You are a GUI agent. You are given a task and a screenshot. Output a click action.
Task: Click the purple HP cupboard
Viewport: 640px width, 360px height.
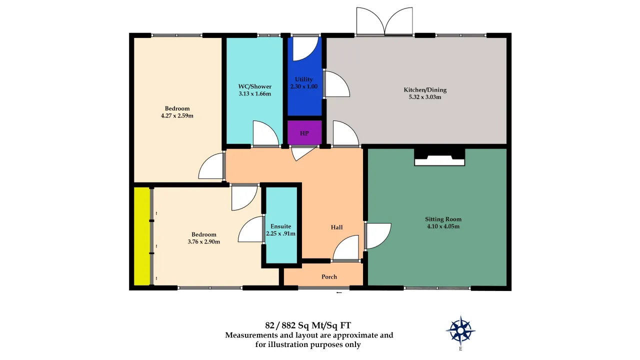coord(304,133)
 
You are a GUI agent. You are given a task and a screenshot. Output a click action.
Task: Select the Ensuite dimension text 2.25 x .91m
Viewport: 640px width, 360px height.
coord(280,233)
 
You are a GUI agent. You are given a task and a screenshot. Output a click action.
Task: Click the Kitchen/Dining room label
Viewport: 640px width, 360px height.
coord(425,89)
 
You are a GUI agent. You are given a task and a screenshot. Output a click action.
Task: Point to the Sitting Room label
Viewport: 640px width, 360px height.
coord(443,219)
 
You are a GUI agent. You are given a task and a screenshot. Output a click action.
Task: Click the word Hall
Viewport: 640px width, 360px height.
coord(336,227)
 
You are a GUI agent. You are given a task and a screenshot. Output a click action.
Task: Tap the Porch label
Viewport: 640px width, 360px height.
coord(329,277)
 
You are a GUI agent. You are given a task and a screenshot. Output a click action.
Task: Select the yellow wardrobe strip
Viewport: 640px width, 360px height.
coord(142,236)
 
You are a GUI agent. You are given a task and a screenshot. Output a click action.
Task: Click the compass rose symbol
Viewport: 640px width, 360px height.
coord(460,330)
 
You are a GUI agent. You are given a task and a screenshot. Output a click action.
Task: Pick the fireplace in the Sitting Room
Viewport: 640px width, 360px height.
coord(439,157)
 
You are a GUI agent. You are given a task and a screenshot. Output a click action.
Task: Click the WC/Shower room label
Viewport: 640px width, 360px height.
coord(255,86)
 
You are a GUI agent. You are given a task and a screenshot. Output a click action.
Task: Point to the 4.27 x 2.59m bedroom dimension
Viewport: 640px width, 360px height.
coord(177,115)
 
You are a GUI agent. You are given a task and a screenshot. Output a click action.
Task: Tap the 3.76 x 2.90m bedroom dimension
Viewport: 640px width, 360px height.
coord(203,241)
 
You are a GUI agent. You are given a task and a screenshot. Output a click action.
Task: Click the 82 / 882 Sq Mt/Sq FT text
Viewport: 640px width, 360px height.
coord(308,325)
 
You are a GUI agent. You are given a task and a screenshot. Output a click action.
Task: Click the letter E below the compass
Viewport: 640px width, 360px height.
coord(460,349)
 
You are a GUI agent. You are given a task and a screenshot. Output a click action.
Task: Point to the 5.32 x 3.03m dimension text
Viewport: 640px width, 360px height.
coord(425,97)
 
